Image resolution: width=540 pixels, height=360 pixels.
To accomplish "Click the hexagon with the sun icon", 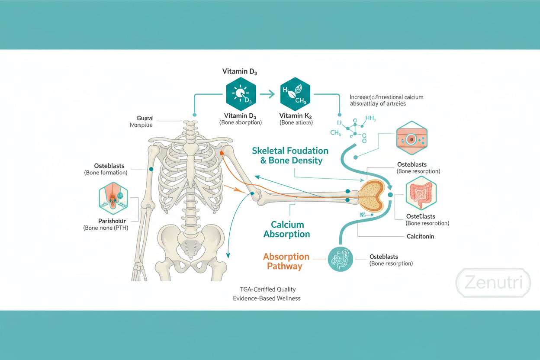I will coord(241,94).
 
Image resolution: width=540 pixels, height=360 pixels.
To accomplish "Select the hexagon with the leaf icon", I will coord(296,94).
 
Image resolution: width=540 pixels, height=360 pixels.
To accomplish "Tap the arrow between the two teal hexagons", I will coord(268,94).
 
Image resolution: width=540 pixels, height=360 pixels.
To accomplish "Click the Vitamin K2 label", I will coord(296,116).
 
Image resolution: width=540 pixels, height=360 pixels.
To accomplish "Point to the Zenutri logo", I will coord(493,283).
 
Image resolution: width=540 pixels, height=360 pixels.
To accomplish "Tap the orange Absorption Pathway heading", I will coord(286,261).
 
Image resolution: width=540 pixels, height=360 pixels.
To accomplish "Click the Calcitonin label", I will coord(420,236).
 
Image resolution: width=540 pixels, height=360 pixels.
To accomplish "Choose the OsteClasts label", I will coord(421,216).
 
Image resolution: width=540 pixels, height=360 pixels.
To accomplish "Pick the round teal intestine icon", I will coord(340,259).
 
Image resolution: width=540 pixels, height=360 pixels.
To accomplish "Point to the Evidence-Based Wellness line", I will coord(267,299).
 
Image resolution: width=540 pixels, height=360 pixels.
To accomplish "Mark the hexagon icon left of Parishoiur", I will coord(113,198).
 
